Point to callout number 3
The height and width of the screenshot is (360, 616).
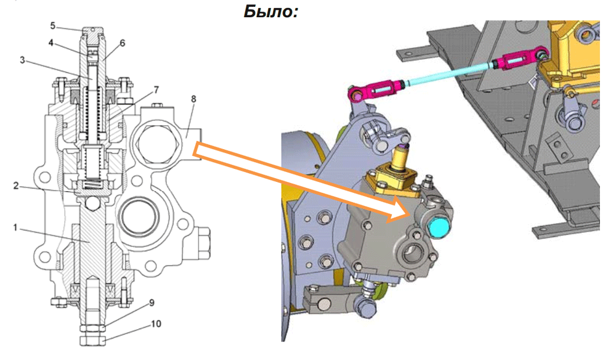click(22, 60)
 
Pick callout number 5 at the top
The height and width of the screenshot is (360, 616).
click(53, 26)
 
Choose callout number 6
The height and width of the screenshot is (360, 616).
click(123, 43)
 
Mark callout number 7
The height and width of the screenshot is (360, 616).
click(156, 90)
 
